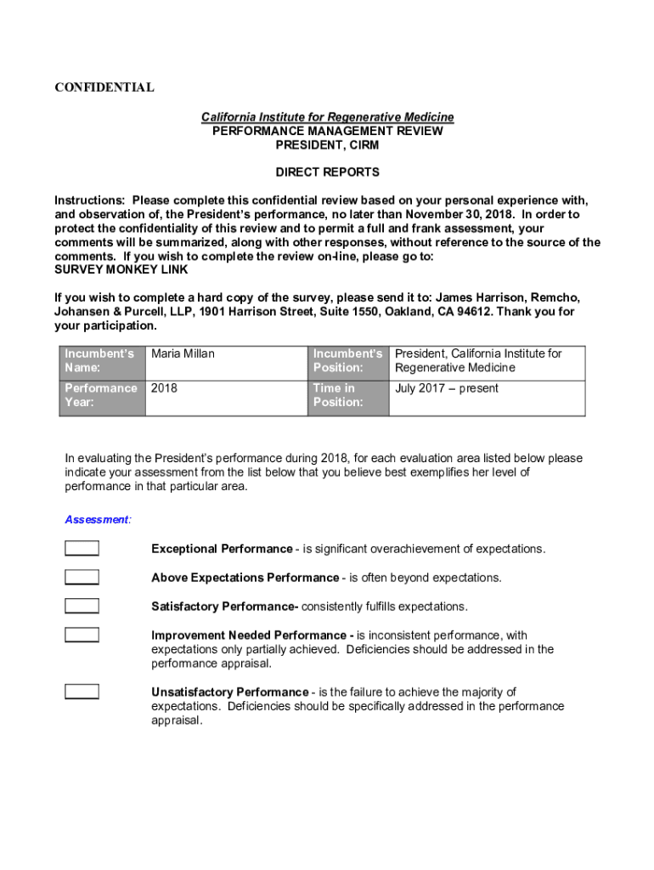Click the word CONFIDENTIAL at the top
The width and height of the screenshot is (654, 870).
[x=104, y=88]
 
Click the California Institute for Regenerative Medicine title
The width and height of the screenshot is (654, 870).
[x=327, y=117]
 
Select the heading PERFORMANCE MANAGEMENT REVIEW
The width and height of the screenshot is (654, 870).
[x=327, y=131]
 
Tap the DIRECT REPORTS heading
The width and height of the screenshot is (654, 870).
[x=327, y=172]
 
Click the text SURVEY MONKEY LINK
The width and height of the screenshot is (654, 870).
[x=121, y=270]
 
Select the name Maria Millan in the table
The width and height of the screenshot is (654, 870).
[x=183, y=354]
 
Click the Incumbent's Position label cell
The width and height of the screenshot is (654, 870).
[x=347, y=361]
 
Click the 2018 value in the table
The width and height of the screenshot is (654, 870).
[x=165, y=388]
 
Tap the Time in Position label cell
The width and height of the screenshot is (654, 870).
[x=347, y=395]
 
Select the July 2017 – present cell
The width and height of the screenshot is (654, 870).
[x=447, y=388]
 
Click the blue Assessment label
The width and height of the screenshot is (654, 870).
[x=98, y=519]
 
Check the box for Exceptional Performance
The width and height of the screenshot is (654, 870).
[x=82, y=549]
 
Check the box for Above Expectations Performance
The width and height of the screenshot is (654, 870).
[x=82, y=578]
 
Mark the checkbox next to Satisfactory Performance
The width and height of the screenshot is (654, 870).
[x=82, y=607]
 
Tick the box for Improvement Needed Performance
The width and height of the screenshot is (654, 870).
[x=82, y=636]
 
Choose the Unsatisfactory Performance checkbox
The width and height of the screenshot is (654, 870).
[x=82, y=692]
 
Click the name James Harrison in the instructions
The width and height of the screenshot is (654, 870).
[x=482, y=297]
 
